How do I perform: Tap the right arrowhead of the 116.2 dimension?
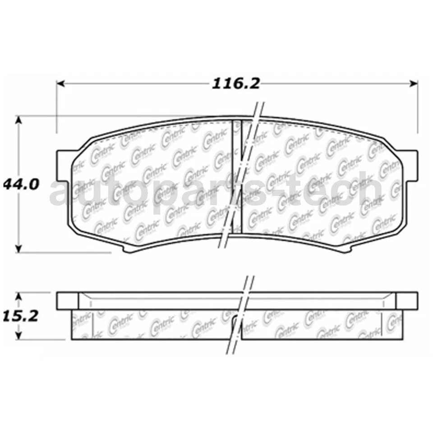[x=414, y=83]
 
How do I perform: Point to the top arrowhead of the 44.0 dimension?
[x=18, y=120]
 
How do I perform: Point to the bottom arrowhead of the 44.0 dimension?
[x=18, y=249]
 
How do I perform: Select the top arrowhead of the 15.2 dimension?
[x=18, y=296]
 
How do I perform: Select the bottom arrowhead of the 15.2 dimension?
[x=18, y=336]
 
